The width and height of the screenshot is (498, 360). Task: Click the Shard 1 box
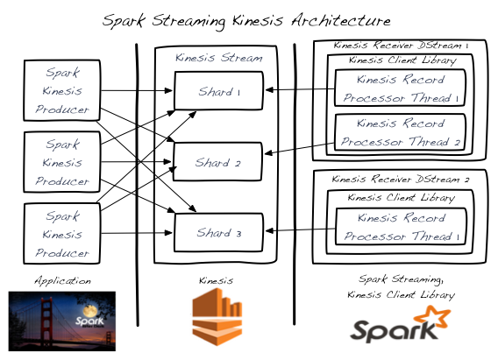pos(218,91)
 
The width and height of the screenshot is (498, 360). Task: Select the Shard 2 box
pos(218,162)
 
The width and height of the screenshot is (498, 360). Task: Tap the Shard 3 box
pos(218,232)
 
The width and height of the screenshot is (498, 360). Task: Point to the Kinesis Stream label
pos(218,58)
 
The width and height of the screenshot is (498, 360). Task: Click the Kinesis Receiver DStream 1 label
pos(401,45)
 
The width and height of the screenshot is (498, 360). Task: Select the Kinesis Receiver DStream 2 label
pos(401,180)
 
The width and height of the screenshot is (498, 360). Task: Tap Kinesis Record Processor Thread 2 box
pos(401,132)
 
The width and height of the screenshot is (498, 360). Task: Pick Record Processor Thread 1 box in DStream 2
pos(401,227)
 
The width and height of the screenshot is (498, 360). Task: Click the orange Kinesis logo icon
pos(217,317)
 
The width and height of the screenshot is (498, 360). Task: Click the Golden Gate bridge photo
pos(61,321)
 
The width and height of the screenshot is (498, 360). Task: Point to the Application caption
pos(61,281)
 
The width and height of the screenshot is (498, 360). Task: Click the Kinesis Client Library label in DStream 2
pos(401,198)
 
